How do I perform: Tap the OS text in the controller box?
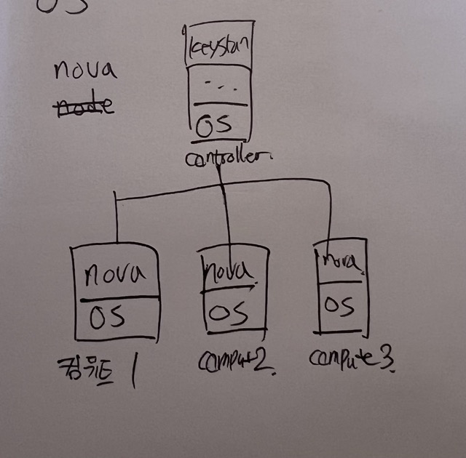pos(215,124)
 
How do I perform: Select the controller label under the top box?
pos(218,158)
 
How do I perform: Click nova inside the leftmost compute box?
pos(115,275)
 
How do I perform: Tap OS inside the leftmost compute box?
pos(107,318)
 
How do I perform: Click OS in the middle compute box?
pos(228,314)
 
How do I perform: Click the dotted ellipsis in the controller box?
pos(218,85)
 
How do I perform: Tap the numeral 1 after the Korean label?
pos(135,367)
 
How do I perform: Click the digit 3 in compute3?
pos(387,359)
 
